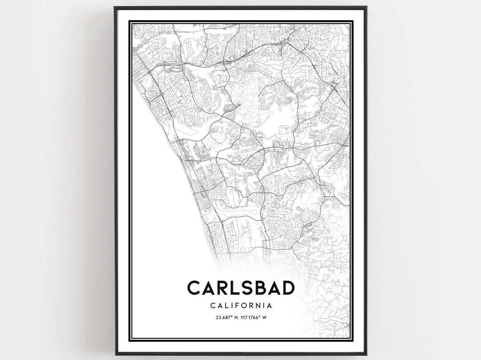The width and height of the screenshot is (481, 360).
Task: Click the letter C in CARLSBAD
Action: pyautogui.click(x=195, y=288)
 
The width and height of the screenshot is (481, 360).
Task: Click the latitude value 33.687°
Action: pyautogui.click(x=224, y=317)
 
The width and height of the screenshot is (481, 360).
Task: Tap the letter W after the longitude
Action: pyautogui.click(x=265, y=317)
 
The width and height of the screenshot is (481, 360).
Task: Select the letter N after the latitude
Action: pyautogui.click(x=236, y=317)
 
